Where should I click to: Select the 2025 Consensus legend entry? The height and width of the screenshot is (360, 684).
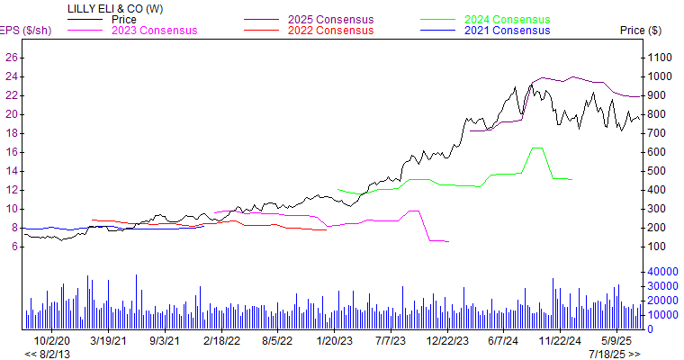coord(331,19)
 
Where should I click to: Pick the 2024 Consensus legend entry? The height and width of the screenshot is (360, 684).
coord(507,19)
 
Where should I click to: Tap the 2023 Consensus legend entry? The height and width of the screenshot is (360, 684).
coord(154,31)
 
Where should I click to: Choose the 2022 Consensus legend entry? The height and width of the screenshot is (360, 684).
coord(331,31)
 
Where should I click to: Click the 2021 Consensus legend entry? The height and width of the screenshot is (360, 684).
coord(507,31)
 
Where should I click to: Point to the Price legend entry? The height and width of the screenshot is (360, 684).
coord(123,19)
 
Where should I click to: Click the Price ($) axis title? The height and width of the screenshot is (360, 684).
coord(641,31)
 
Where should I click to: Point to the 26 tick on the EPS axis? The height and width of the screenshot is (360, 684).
coord(12,57)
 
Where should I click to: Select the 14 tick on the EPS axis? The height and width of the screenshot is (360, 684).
coord(12,170)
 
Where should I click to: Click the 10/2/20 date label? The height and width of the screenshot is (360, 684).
coord(51,341)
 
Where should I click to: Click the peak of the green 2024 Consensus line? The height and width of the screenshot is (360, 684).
coord(536,148)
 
